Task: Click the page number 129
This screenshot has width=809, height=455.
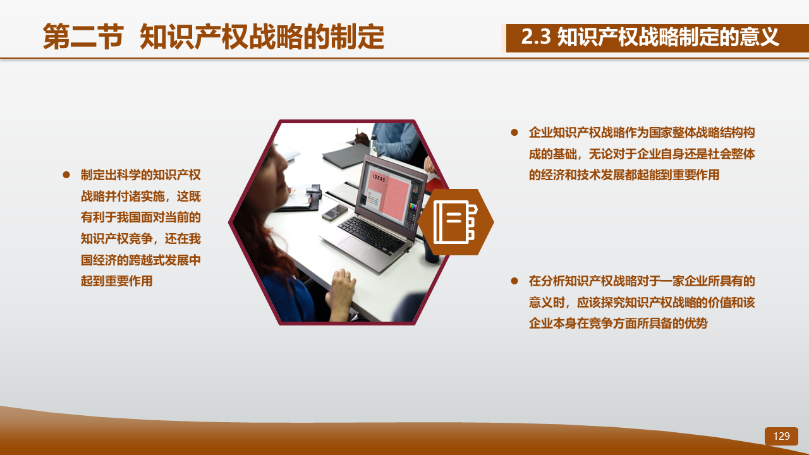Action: pyautogui.click(x=781, y=436)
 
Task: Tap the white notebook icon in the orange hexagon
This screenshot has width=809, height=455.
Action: pyautogui.click(x=455, y=222)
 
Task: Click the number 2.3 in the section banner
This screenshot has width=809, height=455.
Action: pyautogui.click(x=536, y=37)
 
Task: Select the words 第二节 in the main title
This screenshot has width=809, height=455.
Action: pyautogui.click(x=83, y=37)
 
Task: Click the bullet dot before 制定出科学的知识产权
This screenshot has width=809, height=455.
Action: pyautogui.click(x=66, y=175)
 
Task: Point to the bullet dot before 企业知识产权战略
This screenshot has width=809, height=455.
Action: pyautogui.click(x=514, y=133)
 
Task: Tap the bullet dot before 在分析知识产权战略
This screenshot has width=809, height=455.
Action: pyautogui.click(x=514, y=281)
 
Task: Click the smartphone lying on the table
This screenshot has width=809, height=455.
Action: pyautogui.click(x=334, y=213)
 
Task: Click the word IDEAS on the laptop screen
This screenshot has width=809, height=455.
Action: pyautogui.click(x=379, y=178)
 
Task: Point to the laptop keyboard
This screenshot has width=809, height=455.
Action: pyautogui.click(x=372, y=234)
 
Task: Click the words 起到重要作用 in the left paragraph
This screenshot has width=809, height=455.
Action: pyautogui.click(x=117, y=281)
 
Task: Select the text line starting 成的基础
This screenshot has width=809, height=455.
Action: pyautogui.click(x=642, y=154)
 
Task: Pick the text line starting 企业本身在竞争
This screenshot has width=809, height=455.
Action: pyautogui.click(x=618, y=323)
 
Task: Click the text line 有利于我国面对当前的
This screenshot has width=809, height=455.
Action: pyautogui.click(x=140, y=217)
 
